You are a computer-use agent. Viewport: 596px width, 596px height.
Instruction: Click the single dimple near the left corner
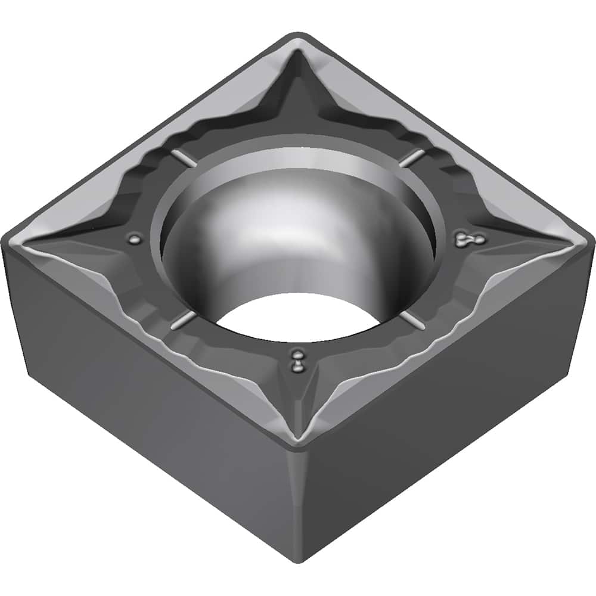click(x=136, y=240)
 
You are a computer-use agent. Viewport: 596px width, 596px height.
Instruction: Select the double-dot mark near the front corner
click(x=296, y=362)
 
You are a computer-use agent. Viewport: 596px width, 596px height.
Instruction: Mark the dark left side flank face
click(x=149, y=405)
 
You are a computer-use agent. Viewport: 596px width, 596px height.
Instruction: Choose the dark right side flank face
click(x=453, y=405)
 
